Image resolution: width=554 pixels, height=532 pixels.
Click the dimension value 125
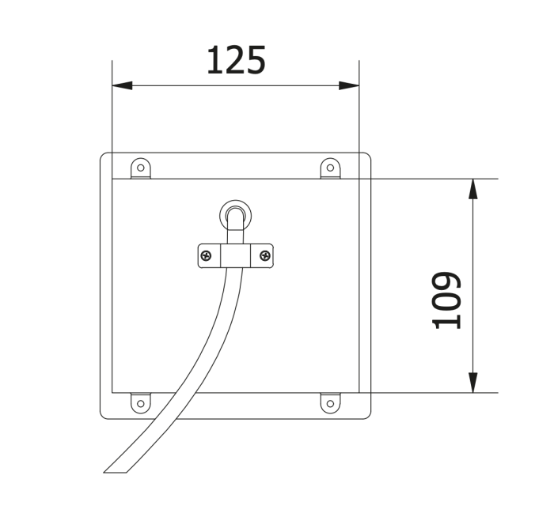pos(236,61)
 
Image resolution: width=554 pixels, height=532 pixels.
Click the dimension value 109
pos(447,300)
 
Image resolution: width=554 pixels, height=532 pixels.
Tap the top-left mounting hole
pos(140,167)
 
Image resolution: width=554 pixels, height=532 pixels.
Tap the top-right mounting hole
pos(330,167)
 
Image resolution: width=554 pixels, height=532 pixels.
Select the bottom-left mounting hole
pos(140,403)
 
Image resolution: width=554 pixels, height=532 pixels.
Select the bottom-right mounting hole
pos(330,403)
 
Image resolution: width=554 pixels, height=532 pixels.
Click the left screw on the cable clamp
pos(206,255)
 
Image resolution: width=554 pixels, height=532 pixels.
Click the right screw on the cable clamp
pos(265,255)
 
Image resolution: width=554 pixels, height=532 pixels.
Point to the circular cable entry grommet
pos(235,214)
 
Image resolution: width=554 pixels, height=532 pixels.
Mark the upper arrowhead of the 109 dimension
pos(473,188)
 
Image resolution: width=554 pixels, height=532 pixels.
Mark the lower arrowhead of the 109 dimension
pos(473,383)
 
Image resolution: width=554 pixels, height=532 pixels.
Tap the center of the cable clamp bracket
pos(235,255)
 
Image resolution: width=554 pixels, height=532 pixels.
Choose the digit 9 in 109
pos(447,282)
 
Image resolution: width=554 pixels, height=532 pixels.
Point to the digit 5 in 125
pos(256,61)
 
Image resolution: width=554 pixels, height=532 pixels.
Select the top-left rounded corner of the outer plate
pos(104,156)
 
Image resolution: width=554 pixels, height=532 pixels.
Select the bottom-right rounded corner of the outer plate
pos(367,415)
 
